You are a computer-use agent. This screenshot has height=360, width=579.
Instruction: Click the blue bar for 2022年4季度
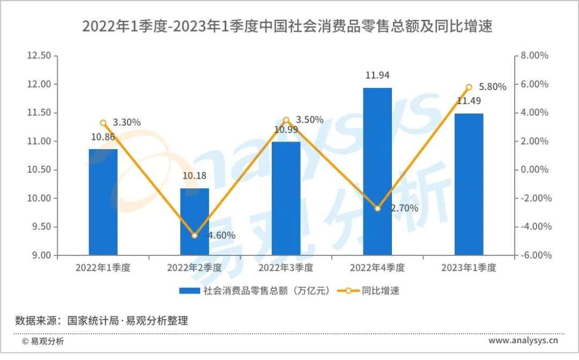click(377, 172)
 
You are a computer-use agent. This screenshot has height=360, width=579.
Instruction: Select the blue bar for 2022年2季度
click(195, 222)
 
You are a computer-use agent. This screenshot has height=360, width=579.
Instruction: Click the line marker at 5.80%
click(469, 87)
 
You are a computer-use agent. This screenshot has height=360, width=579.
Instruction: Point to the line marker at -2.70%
click(377, 208)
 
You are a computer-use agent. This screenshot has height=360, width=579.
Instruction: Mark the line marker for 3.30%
click(103, 123)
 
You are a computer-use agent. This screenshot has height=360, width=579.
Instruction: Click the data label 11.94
click(377, 76)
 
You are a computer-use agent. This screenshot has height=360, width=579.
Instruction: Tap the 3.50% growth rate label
click(309, 120)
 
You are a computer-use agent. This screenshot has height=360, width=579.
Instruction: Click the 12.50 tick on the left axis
click(39, 55)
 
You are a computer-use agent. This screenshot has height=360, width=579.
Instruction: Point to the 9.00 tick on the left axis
click(41, 255)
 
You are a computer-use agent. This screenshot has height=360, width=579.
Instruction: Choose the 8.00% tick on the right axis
click(534, 55)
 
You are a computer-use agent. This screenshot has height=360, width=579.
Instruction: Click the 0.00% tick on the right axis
click(534, 170)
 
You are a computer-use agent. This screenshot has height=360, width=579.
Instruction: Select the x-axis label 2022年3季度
click(286, 268)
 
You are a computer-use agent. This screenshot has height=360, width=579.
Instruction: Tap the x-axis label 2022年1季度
click(103, 268)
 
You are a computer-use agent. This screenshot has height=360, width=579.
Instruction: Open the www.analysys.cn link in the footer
click(523, 341)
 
